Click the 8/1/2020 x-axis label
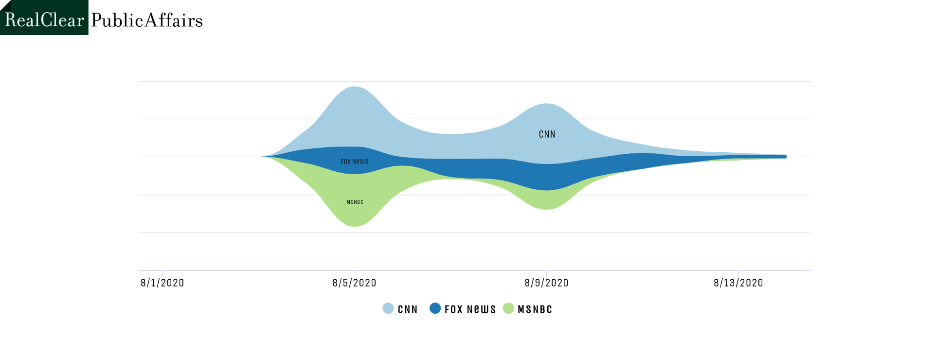pos(162,283)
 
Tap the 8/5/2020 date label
pos(355,283)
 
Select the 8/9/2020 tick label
pos(547,283)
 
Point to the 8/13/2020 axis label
pos(738,283)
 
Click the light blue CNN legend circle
pos(388,308)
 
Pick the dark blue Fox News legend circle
pos(435,308)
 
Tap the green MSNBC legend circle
pos(508,308)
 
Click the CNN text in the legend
pos(408,309)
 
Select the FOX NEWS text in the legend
pos(470,309)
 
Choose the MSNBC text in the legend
pos(535,309)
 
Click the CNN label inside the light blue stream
pos(547,134)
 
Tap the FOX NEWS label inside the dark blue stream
pos(355,162)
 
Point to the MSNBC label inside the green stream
pos(355,202)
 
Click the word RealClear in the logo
pos(44,20)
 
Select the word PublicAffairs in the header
pos(147,20)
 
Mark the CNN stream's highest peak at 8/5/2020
pos(355,87)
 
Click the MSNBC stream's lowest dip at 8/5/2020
pos(355,226)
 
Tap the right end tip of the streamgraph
pos(786,157)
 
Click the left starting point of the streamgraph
pos(262,157)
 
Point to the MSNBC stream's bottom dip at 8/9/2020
pos(547,209)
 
